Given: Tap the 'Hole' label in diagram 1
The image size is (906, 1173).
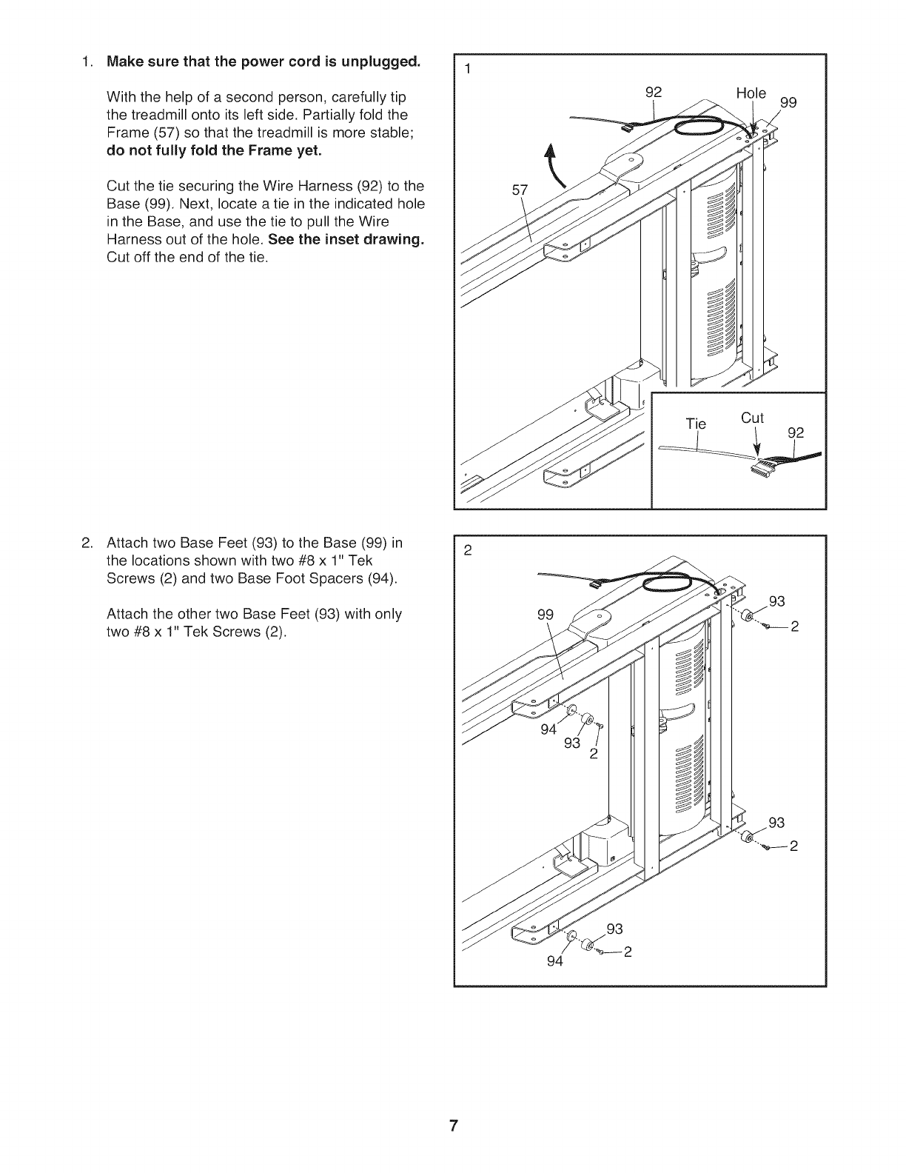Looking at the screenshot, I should click(x=751, y=94).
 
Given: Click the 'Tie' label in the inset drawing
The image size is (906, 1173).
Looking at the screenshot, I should click(x=697, y=424).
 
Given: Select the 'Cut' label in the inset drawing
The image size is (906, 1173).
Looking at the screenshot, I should click(x=752, y=418).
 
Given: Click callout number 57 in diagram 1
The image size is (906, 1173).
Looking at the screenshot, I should click(x=520, y=190).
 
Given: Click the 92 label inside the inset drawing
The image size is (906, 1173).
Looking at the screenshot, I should click(x=796, y=432).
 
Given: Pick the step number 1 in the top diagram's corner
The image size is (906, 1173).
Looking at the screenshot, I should click(x=467, y=70).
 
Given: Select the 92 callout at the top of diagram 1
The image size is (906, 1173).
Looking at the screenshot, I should click(x=653, y=93).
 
